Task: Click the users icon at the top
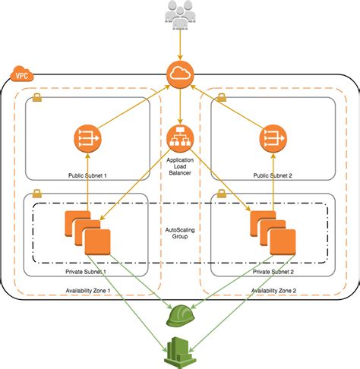tap(180, 14)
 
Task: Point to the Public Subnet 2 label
tap(271, 175)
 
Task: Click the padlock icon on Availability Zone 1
tap(37, 98)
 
